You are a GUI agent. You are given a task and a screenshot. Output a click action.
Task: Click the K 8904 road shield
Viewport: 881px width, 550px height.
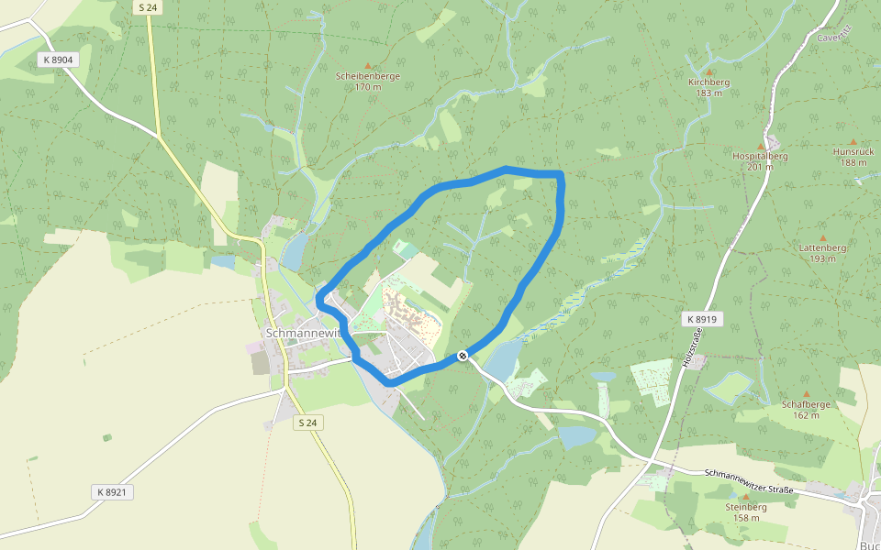click(x=57, y=60)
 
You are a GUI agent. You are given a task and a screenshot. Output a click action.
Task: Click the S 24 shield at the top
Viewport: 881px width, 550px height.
click(x=147, y=7)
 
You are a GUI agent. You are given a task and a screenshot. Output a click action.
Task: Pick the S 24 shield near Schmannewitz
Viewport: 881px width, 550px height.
click(x=309, y=423)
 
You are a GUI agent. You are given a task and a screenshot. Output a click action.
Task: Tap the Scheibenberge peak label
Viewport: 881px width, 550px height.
click(x=368, y=76)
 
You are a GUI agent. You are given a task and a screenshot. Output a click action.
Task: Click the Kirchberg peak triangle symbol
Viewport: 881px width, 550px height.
click(x=708, y=71)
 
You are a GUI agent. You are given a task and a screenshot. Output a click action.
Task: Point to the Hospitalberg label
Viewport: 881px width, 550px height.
click(x=760, y=156)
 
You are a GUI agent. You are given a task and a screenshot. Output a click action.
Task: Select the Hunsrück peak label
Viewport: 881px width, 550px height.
click(x=853, y=151)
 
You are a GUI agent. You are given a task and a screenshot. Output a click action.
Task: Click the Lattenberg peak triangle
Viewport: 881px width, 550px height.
click(x=822, y=237)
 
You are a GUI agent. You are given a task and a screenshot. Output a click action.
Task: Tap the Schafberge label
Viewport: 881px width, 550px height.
click(x=807, y=404)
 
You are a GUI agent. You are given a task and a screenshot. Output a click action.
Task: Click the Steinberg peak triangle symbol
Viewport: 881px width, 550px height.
click(x=745, y=496)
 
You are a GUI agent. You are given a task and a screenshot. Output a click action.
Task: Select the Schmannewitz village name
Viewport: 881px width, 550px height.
click(x=303, y=333)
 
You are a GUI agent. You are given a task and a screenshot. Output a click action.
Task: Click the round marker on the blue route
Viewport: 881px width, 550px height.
click(x=463, y=356)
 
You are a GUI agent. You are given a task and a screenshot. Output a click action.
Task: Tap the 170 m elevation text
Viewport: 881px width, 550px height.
click(x=368, y=87)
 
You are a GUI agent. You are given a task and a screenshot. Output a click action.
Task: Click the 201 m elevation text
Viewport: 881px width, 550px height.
click(x=760, y=167)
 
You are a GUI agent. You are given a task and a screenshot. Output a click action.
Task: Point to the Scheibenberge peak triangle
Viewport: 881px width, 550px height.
click(x=368, y=66)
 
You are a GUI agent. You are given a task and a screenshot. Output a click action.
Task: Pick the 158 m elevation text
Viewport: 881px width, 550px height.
click(x=746, y=518)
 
